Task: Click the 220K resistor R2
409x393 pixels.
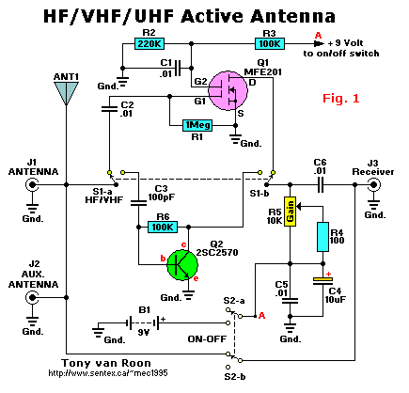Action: point(149,44)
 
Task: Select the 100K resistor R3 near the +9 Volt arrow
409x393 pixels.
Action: point(270,44)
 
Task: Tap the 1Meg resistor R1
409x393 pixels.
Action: point(197,126)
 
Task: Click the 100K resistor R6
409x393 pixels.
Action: point(163,227)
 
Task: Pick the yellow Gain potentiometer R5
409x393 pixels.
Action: point(290,212)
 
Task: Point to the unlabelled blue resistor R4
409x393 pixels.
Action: point(322,237)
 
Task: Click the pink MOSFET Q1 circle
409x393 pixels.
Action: point(228,90)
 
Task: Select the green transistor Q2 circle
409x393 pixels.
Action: point(182,265)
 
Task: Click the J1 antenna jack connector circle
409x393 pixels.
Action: point(32,185)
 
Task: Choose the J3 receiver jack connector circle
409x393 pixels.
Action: point(373,185)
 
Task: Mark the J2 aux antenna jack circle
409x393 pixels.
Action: point(32,297)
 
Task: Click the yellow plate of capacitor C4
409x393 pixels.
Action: point(322,278)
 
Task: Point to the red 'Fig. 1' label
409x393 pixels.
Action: point(341,99)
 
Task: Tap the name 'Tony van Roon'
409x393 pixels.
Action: point(106,363)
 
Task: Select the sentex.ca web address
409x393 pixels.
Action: point(108,373)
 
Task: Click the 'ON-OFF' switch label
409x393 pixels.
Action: point(207,338)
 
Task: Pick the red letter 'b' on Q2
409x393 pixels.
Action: point(163,259)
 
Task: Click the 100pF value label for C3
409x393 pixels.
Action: point(162,197)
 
